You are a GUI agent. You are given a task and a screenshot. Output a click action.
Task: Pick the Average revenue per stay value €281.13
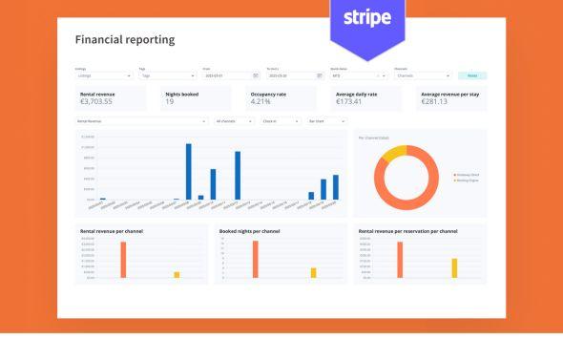[440, 101]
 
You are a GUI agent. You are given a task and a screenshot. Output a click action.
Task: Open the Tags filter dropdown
[166, 74]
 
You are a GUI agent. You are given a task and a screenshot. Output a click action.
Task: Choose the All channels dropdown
[234, 121]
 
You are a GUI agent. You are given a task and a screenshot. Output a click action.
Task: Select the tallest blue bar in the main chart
[189, 171]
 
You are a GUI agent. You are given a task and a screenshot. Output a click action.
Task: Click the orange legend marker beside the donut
[454, 176]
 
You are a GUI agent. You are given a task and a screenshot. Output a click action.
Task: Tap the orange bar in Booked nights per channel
[255, 259]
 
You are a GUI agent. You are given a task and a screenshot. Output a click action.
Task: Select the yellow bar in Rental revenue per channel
[177, 274]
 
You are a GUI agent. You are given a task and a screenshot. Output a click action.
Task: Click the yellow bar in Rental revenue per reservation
[454, 267]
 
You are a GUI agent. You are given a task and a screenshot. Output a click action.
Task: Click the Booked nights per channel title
[251, 230]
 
